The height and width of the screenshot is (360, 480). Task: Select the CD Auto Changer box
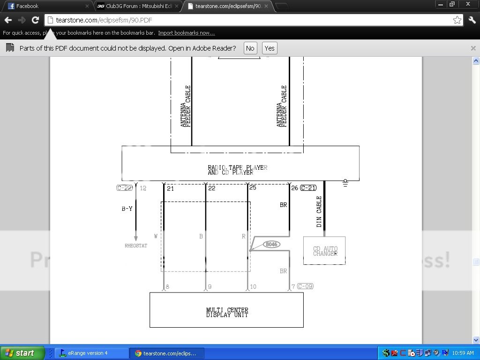[324, 251]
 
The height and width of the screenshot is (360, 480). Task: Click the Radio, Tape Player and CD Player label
[237, 170]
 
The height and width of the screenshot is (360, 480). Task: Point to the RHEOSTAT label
[136, 246]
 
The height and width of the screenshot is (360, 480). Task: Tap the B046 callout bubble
[271, 244]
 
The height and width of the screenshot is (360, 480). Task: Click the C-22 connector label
[125, 188]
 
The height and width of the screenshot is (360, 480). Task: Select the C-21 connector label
[308, 188]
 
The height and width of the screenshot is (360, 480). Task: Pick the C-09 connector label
[305, 286]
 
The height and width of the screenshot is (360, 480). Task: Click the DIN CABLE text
[319, 211]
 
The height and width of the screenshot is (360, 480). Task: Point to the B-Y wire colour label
[127, 209]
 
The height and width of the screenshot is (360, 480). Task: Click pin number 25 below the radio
[253, 188]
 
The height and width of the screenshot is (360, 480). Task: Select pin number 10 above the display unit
[253, 286]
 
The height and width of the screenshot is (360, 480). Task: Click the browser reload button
[35, 20]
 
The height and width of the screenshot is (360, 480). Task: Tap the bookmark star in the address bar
[457, 20]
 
